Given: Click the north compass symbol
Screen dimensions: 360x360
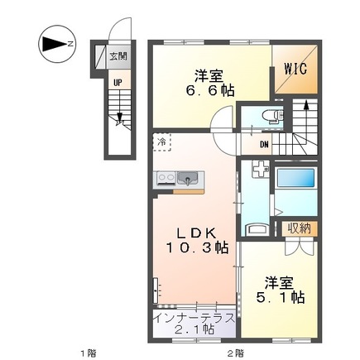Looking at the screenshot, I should (x=55, y=41).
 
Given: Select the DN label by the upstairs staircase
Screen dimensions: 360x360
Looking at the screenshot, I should (x=263, y=146).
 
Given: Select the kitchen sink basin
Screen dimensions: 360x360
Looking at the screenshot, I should (x=187, y=177).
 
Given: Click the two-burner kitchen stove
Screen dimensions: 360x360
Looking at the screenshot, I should (x=161, y=177).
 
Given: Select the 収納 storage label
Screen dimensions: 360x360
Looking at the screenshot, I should (x=299, y=228).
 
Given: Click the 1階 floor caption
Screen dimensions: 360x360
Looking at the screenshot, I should (x=88, y=353).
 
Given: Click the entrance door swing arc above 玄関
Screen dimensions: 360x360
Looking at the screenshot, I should (x=122, y=31).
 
